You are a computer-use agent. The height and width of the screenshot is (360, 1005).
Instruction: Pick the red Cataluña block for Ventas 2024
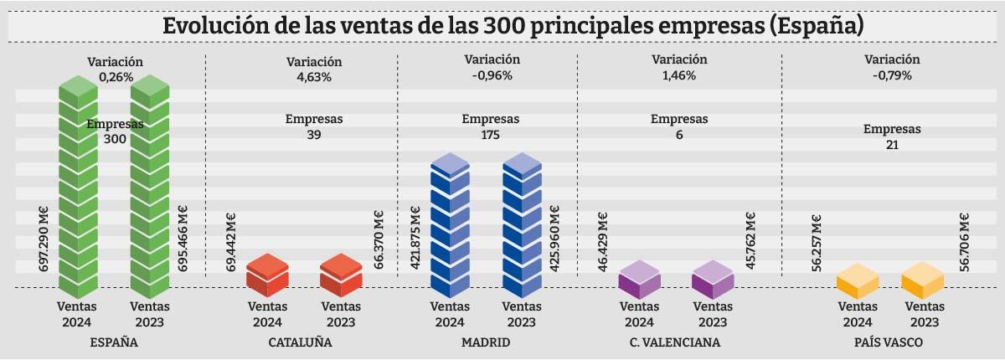267,275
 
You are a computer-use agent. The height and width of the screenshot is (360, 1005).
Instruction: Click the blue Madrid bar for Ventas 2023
523,226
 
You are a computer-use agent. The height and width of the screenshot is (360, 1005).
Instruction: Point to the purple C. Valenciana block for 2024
638,280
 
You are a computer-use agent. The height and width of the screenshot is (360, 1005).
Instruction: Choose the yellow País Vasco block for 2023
922,280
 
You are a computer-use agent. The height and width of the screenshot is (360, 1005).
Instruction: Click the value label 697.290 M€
44,239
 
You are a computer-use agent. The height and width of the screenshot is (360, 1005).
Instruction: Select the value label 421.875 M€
415,239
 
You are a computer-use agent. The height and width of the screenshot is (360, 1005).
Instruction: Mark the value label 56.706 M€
965,241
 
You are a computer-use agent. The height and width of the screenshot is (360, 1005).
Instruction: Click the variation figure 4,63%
314,77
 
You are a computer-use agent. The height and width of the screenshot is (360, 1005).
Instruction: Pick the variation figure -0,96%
492,75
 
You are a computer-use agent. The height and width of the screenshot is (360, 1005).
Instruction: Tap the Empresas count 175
491,134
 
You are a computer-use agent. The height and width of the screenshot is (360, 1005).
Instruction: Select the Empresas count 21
891,145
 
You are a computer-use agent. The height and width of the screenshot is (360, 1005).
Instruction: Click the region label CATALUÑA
301,342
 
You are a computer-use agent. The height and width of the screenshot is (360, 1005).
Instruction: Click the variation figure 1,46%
678,75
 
